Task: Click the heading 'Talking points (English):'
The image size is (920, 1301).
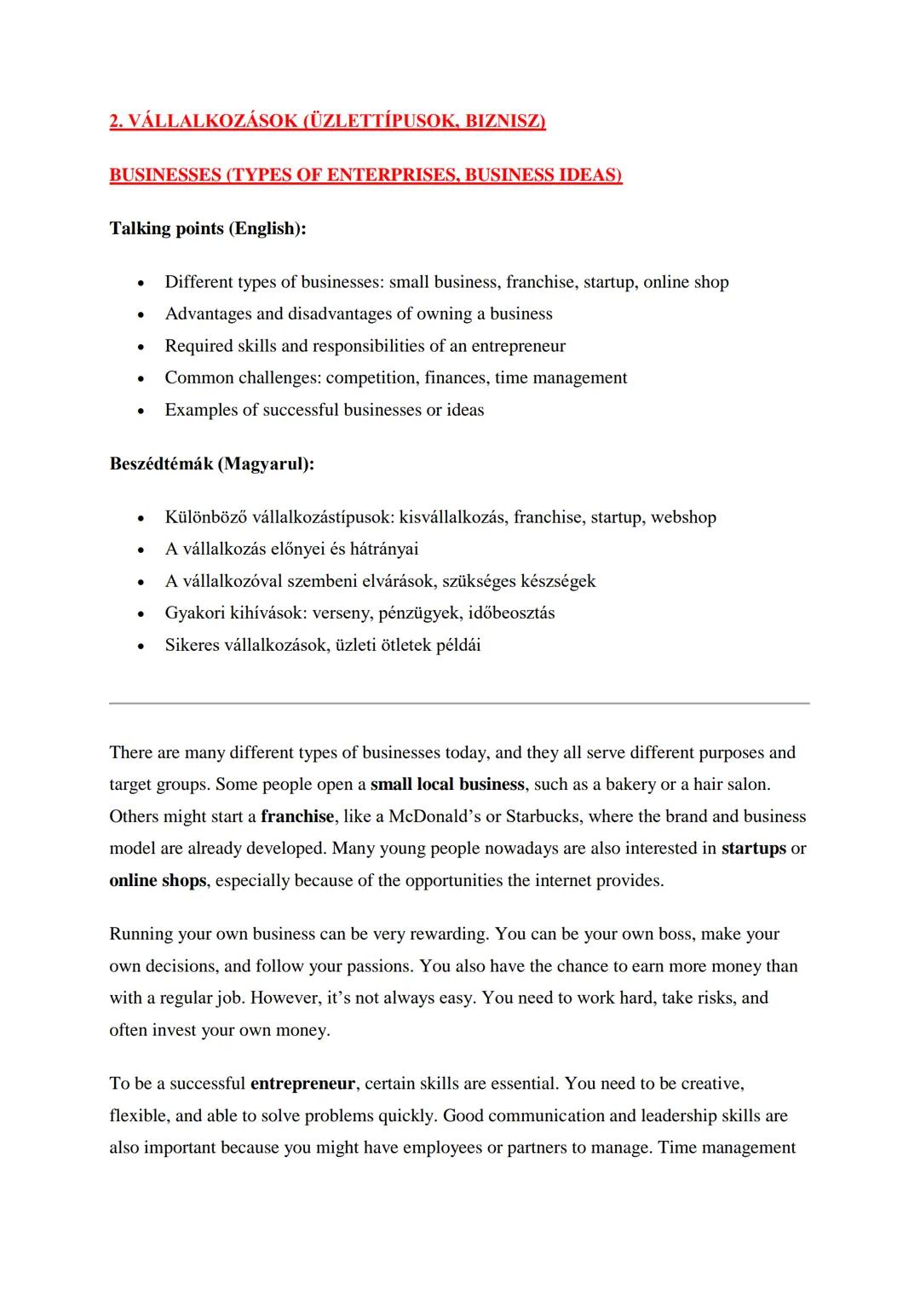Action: [x=208, y=228]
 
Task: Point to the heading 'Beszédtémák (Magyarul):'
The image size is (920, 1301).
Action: [x=211, y=464]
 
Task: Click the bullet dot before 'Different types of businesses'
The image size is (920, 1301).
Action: [x=141, y=283]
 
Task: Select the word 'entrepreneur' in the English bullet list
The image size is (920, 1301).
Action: [x=518, y=346]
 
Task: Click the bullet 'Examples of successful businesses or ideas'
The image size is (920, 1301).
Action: [x=324, y=410]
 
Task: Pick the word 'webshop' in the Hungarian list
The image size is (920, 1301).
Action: [x=683, y=517]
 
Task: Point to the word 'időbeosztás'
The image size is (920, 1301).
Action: [x=511, y=613]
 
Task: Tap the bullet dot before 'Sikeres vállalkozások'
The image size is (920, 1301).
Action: [x=141, y=646]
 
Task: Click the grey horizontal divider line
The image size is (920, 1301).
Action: [x=459, y=703]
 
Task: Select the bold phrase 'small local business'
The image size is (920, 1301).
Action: [x=447, y=784]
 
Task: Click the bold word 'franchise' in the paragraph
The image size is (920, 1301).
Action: [x=297, y=816]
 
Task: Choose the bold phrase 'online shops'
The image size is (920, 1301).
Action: [x=158, y=880]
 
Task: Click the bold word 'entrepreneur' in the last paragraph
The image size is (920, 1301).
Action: [x=302, y=1084]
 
